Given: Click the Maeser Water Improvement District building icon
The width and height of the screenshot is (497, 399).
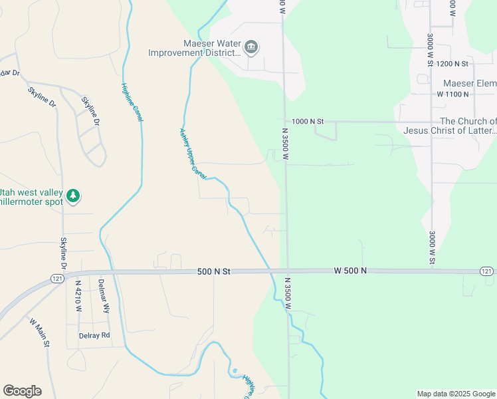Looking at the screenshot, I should tap(252, 47).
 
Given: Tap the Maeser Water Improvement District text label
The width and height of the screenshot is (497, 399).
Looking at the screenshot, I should tap(193, 47).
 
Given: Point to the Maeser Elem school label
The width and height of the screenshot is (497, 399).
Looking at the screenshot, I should tap(469, 83).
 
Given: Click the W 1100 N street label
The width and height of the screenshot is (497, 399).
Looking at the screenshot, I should tap(452, 94).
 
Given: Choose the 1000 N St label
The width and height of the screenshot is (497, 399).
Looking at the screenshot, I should tap(307, 122).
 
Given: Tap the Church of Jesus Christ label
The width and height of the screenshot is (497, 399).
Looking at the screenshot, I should tap(450, 126).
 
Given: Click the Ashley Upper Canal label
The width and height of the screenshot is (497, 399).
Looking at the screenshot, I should tap(191, 153).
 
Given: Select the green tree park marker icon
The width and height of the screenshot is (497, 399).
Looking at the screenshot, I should tap(73, 196).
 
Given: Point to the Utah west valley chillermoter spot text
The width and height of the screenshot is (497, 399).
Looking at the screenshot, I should tap(31, 197).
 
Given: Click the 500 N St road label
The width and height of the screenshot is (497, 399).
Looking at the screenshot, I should tap(213, 271).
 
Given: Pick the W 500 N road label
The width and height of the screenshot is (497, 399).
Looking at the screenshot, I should tap(350, 271).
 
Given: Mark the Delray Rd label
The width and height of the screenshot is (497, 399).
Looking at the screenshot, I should tap(94, 336).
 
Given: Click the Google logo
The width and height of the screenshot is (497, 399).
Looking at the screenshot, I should tap(22, 391).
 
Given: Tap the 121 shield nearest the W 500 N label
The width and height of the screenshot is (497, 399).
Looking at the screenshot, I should tap(486, 271).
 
